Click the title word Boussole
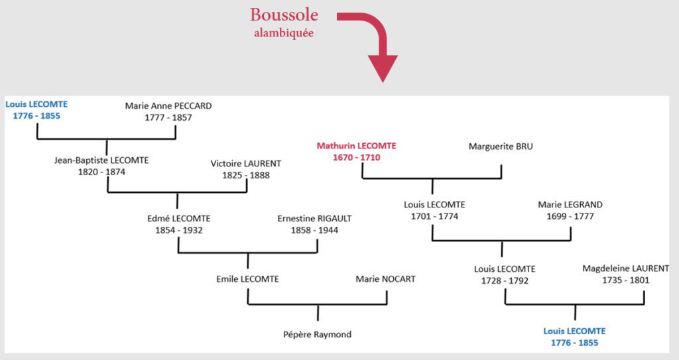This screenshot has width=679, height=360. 284,15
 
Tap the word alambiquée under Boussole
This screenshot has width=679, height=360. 284,33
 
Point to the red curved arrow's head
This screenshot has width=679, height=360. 383,70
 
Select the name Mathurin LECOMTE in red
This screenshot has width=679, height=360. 356,146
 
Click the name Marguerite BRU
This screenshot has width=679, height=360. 501,147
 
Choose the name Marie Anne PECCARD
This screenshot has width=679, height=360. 168,106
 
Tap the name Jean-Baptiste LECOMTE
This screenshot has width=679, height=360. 101,160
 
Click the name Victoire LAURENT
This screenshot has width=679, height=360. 246,164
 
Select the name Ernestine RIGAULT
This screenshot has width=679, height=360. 314,218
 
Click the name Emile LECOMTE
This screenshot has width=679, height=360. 247,279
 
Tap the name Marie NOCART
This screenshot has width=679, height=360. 385,279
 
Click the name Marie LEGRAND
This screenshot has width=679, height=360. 570,205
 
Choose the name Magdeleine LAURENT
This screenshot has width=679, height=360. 625,269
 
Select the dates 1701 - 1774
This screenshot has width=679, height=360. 434,216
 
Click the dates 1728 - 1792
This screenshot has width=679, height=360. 505,280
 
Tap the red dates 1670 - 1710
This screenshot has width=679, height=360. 356,158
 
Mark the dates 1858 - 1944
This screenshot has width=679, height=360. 314,230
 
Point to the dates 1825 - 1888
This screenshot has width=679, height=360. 246,176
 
